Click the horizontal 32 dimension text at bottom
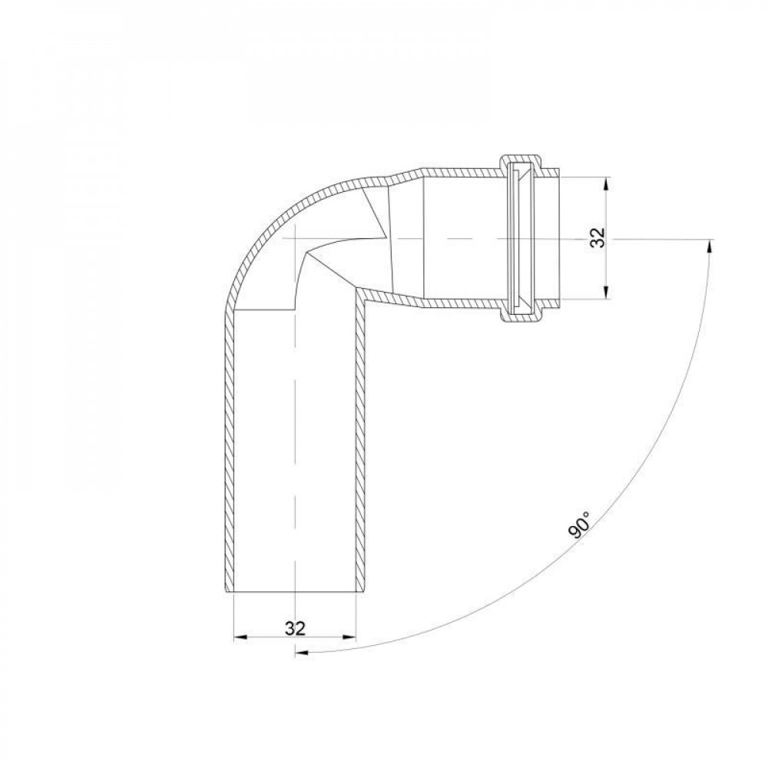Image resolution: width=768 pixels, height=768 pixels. coord(295,628)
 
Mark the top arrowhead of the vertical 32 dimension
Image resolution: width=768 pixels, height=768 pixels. coord(607,183)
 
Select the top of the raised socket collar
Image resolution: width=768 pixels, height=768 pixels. coord(522,160)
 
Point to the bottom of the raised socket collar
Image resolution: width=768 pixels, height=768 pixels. coord(522,318)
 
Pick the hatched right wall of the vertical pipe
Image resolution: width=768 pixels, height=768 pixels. coord(359,453)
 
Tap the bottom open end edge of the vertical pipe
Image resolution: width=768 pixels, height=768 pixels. coord(294,592)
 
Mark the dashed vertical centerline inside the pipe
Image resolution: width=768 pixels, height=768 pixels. coord(295,461)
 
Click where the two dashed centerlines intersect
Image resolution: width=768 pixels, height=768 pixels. coord(295,239)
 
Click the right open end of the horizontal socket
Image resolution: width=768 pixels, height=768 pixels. coord(561,239)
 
